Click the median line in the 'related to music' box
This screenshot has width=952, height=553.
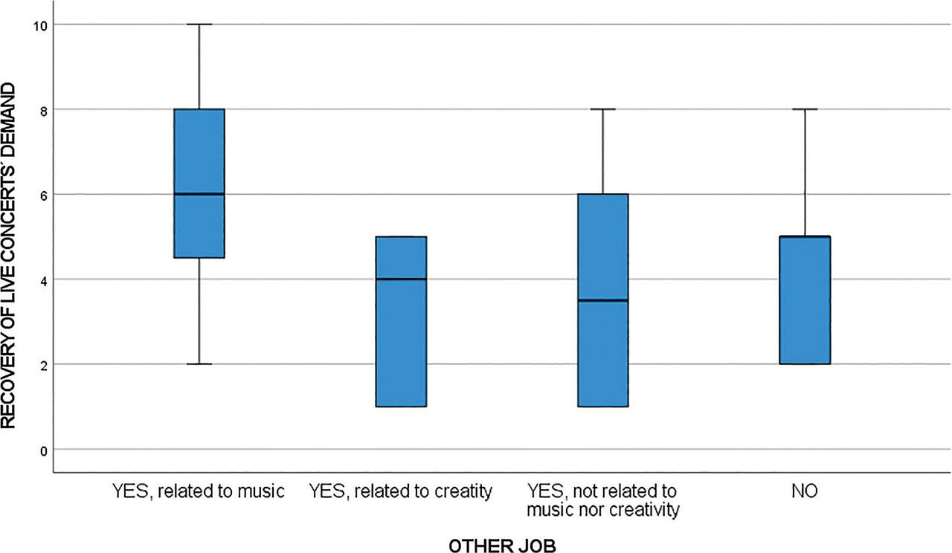[199, 194]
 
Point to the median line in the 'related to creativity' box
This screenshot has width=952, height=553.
[400, 279]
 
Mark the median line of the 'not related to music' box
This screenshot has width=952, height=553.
[602, 300]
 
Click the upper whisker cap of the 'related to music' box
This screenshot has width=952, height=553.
[199, 25]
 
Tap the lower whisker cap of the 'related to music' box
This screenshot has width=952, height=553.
[199, 364]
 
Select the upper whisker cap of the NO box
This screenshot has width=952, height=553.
[804, 109]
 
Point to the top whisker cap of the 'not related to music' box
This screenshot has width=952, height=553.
[602, 109]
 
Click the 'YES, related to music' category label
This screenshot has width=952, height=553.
[199, 491]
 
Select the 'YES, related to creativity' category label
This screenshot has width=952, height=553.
[400, 491]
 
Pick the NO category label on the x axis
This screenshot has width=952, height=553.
[804, 491]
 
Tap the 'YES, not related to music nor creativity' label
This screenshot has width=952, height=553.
[602, 500]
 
